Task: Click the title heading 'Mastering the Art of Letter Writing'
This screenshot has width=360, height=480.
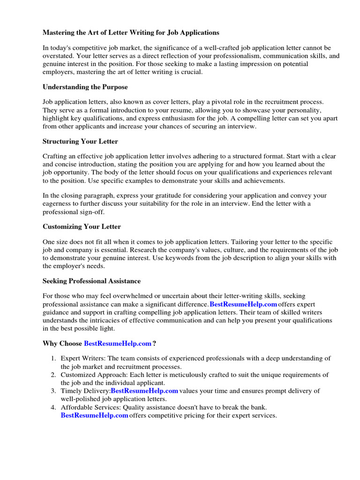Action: click(131, 33)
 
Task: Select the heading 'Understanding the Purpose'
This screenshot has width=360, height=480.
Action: click(85, 87)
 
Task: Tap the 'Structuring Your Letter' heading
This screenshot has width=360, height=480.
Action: click(80, 141)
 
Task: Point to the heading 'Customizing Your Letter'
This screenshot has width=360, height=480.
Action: click(82, 226)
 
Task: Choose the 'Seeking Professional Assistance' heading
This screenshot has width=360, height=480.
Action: click(91, 281)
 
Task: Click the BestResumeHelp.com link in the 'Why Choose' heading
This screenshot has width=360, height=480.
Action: click(118, 344)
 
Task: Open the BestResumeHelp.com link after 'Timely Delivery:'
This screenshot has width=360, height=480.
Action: click(144, 390)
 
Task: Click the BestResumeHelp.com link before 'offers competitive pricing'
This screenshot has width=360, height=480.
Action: click(94, 415)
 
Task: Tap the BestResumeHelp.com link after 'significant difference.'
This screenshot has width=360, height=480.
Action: click(243, 304)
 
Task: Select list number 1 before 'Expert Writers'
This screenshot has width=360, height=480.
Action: click(53, 358)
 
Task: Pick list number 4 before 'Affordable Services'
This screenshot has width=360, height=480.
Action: click(53, 407)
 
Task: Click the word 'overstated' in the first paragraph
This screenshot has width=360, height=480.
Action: click(58, 56)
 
